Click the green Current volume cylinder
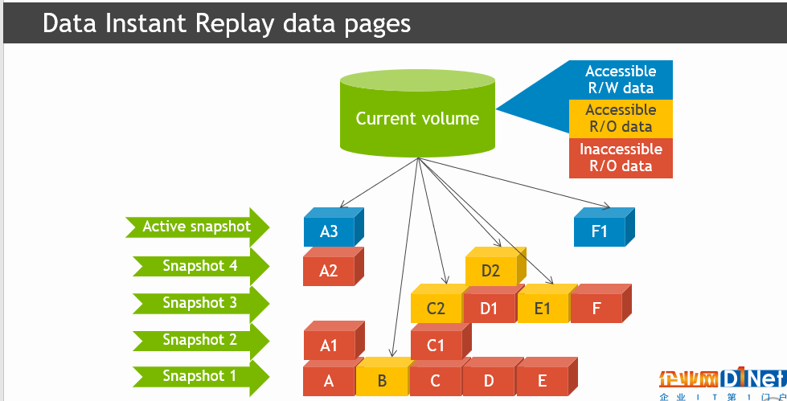pyautogui.click(x=417, y=113)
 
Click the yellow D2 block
pyautogui.click(x=495, y=266)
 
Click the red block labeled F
pyautogui.click(x=600, y=304)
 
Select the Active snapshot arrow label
pyautogui.click(x=197, y=227)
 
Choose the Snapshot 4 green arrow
pyautogui.click(x=201, y=266)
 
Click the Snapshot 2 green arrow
pyautogui.click(x=201, y=340)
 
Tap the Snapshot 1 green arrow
pyautogui.click(x=201, y=376)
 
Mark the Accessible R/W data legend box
pyautogui.click(x=621, y=80)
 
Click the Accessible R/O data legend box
pyautogui.click(x=621, y=118)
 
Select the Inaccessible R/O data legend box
pyautogui.click(x=621, y=158)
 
